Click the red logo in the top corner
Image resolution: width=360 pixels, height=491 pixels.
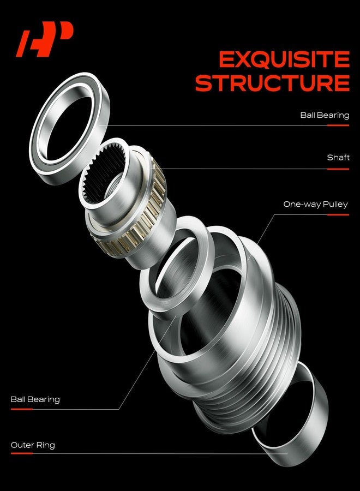point(44,39)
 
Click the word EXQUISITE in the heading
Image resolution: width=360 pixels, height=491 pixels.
point(284,59)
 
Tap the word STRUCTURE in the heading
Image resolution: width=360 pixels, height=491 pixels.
point(272,83)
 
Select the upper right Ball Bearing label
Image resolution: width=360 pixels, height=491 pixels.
point(325,115)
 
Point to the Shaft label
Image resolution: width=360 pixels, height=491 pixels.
point(338,158)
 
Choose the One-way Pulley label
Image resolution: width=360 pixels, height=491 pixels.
point(316,205)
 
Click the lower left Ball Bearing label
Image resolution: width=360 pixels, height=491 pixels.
point(35,399)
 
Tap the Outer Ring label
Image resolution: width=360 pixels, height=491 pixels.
point(33,445)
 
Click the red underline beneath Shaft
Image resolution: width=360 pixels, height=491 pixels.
point(338,169)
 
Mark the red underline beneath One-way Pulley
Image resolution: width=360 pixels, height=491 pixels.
point(338,215)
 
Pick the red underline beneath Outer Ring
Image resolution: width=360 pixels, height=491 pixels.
point(22,453)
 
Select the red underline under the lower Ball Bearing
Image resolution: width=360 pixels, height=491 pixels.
point(22,409)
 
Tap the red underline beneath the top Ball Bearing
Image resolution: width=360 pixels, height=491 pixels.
point(338,125)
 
